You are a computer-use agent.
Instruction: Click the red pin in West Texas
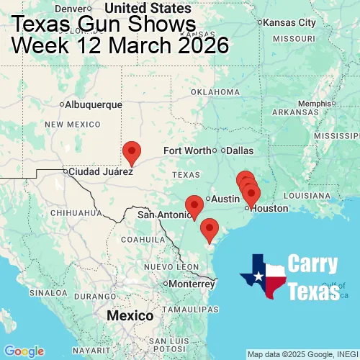pyautogui.click(x=132, y=152)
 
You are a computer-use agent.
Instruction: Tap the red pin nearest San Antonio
pyautogui.click(x=194, y=205)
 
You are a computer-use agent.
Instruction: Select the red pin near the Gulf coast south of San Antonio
pyautogui.click(x=210, y=228)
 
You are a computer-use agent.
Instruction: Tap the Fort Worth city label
pyautogui.click(x=187, y=150)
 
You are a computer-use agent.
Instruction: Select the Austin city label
pyautogui.click(x=225, y=199)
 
